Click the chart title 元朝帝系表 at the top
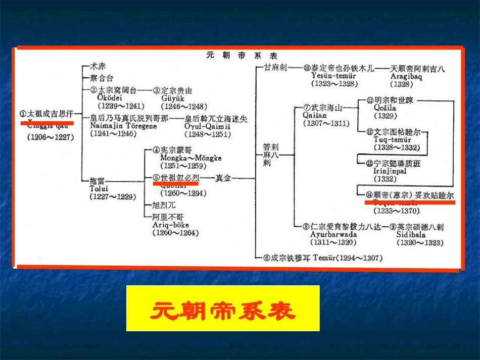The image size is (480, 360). [242, 56]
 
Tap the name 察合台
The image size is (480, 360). [101, 78]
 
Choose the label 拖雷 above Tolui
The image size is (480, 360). [98, 180]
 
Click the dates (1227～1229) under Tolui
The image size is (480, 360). [113, 196]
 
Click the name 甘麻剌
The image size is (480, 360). [276, 67]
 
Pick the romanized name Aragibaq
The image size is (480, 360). [407, 76]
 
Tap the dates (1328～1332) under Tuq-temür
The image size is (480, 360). [397, 147]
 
